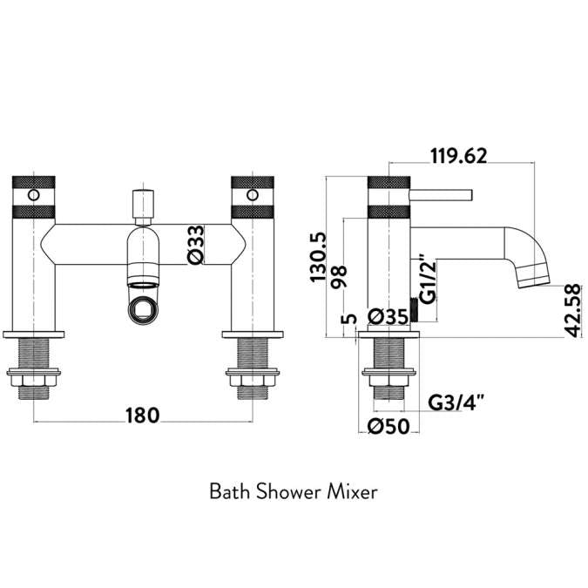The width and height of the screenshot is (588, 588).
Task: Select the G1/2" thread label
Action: [x=427, y=279]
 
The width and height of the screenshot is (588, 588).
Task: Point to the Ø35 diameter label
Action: [x=388, y=317]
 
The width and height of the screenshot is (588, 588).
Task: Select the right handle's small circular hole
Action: [x=253, y=193]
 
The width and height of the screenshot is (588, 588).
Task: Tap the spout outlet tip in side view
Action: [x=533, y=278]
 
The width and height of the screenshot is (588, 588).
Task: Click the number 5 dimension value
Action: [x=350, y=320]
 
